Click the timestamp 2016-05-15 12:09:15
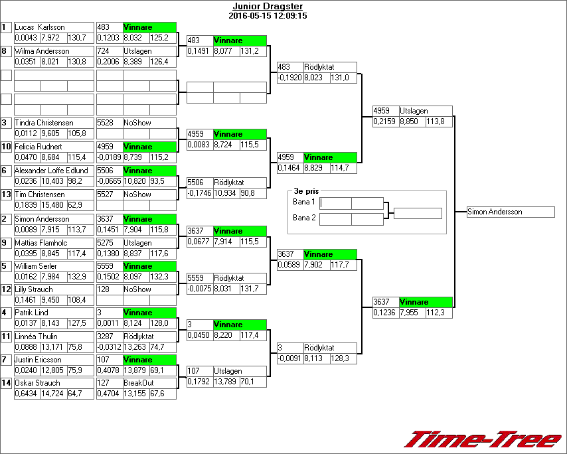point(268,15)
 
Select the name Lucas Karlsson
point(40,27)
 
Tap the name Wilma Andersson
point(42,51)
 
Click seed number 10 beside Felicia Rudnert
point(6,147)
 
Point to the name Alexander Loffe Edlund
point(51,171)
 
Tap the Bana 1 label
point(304,202)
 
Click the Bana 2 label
point(304,218)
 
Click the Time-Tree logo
point(483,439)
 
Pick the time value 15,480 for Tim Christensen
point(53,205)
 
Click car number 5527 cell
point(109,194)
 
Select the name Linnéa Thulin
point(37,337)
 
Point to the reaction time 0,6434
point(27,394)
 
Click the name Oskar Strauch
point(37,383)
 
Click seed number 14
point(6,383)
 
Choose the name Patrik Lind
point(32,313)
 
